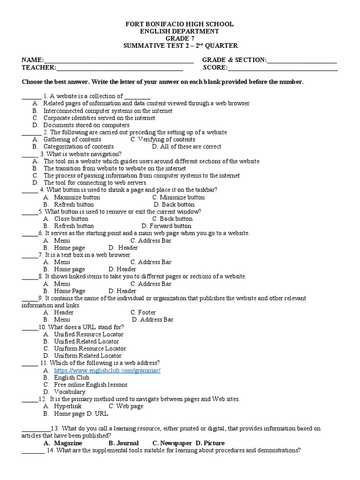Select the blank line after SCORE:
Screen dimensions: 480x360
tap(283, 67)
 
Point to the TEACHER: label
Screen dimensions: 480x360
tap(39, 67)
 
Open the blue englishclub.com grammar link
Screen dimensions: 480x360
tap(107, 370)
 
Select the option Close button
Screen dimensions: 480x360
tap(71, 219)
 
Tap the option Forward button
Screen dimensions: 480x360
tap(167, 226)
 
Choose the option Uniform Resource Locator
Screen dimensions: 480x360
tap(90, 349)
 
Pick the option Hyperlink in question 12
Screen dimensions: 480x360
tap(67, 406)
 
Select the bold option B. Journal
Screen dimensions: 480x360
tap(123, 443)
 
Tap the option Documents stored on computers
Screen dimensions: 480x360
tap(86, 125)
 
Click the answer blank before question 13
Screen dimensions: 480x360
tap(36, 428)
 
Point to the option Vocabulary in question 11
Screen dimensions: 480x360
tap(69, 392)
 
